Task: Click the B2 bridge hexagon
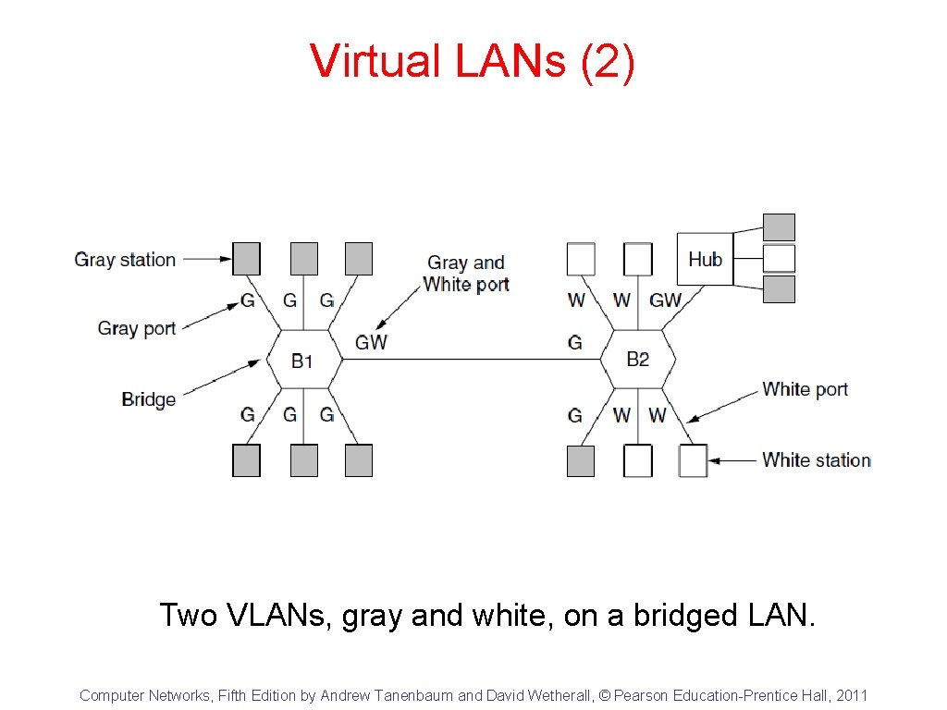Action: tap(638, 360)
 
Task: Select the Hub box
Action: tap(705, 259)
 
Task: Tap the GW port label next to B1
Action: tap(371, 342)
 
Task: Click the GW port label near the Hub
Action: tap(665, 300)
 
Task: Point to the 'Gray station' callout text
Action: tap(125, 260)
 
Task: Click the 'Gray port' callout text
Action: tap(137, 328)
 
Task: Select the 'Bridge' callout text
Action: tap(148, 399)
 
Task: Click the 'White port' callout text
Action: tap(805, 389)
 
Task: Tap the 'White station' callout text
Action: tap(817, 459)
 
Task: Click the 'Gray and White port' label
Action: tap(466, 274)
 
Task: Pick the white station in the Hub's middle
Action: tap(779, 258)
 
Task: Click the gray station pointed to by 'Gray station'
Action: tap(246, 259)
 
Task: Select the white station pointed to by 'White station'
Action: tap(693, 460)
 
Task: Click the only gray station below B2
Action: tap(581, 460)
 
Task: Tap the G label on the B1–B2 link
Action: tap(574, 342)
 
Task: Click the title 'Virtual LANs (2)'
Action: tap(473, 61)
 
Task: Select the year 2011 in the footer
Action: tap(852, 695)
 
